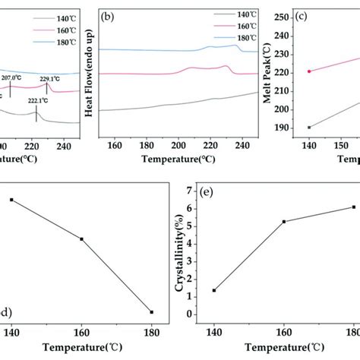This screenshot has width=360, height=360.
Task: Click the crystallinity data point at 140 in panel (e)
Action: pyautogui.click(x=214, y=290)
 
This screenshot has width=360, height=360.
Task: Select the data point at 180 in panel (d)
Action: pyautogui.click(x=152, y=311)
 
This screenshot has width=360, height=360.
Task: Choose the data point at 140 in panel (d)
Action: pyautogui.click(x=11, y=200)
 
